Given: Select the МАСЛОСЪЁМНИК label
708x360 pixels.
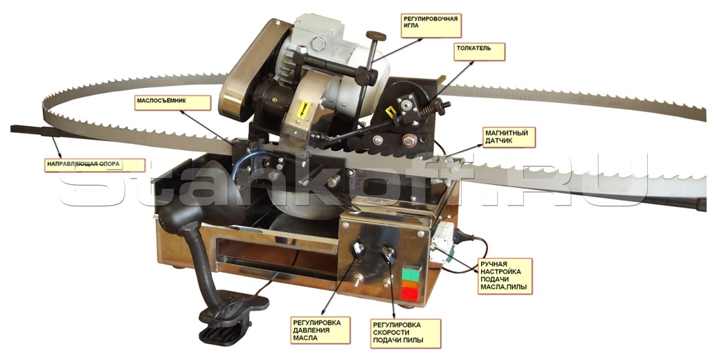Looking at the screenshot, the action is point(173,102).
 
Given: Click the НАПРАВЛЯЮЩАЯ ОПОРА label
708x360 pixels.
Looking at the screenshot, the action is point(95,165).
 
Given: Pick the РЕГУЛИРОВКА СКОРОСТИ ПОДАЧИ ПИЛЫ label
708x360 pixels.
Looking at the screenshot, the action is point(405,334).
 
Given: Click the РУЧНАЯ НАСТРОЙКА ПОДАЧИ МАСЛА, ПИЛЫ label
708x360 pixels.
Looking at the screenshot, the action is point(505,276).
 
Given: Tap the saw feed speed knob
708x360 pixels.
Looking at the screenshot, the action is point(388,253).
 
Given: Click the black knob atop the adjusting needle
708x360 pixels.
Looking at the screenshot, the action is point(376,35).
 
